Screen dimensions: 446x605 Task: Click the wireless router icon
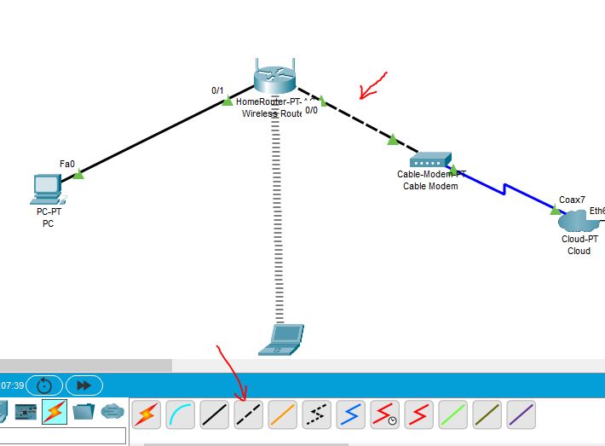point(274,78)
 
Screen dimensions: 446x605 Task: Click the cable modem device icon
point(430,159)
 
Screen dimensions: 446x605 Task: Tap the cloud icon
point(579,222)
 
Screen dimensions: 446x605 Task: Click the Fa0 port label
point(67,163)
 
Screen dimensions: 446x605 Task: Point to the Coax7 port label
point(572,200)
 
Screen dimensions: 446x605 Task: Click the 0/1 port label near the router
point(218,90)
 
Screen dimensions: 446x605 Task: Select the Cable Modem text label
point(430,186)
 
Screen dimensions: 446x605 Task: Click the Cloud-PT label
point(579,240)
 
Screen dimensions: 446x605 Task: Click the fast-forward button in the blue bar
point(84,385)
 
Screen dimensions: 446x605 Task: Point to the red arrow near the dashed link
point(372,86)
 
